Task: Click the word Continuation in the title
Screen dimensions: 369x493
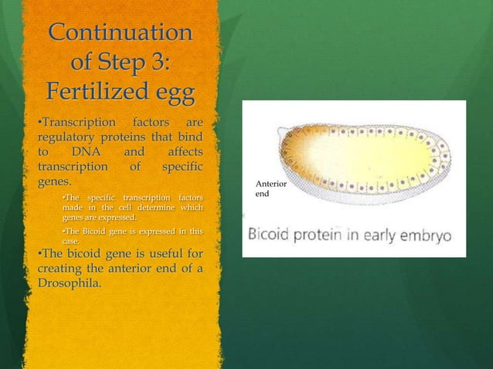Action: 121,33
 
